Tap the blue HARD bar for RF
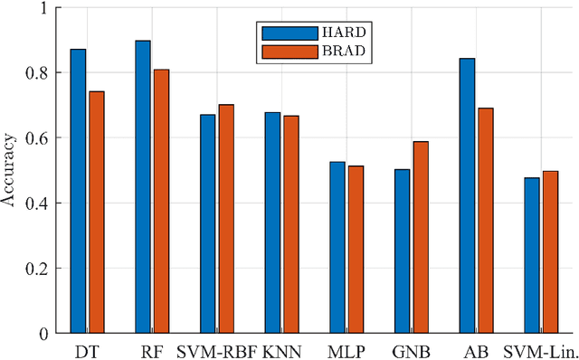click(x=143, y=186)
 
